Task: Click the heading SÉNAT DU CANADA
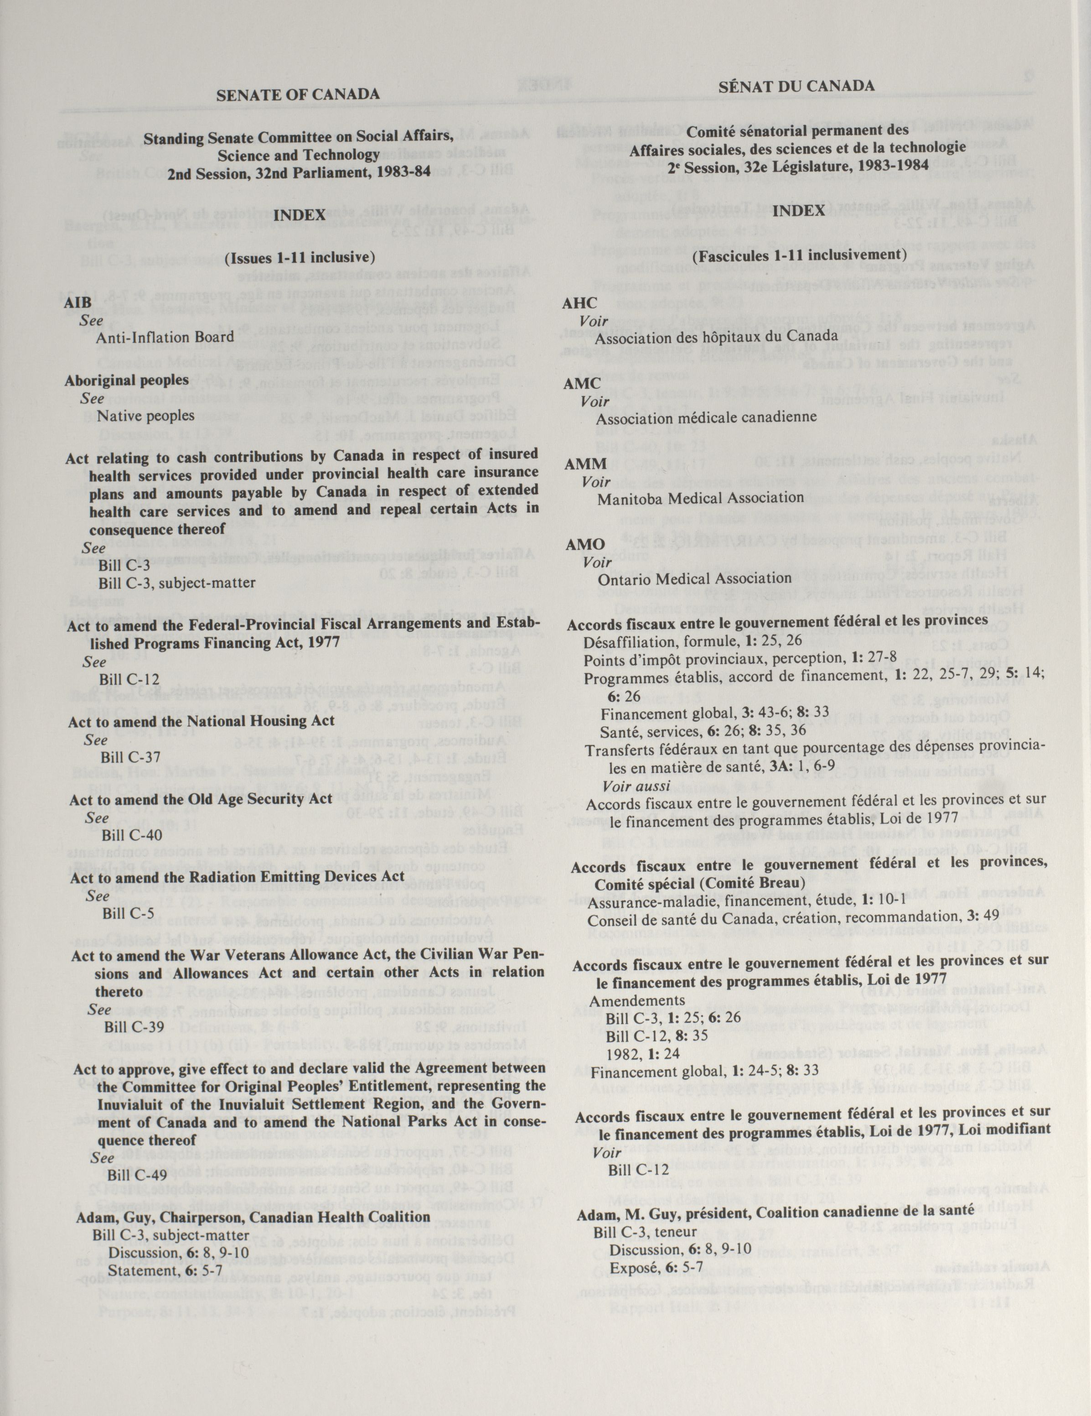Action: click(796, 86)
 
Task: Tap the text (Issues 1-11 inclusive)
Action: click(300, 258)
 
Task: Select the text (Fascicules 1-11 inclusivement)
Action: click(798, 255)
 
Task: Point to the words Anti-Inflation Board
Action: click(165, 337)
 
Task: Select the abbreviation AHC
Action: click(580, 303)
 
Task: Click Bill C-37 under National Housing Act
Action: click(130, 757)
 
